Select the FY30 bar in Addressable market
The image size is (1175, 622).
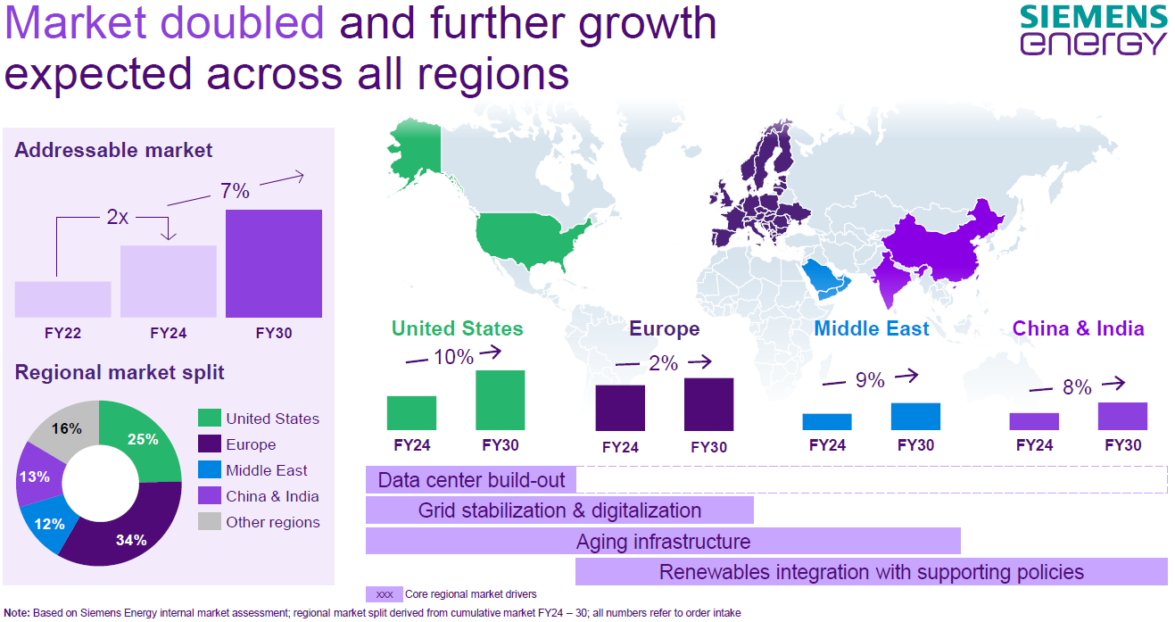[x=273, y=263]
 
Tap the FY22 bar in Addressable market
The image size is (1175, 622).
[x=62, y=299]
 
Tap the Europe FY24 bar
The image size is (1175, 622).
[x=620, y=408]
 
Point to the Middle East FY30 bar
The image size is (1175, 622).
[x=915, y=417]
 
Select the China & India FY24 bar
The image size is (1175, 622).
[x=1034, y=421]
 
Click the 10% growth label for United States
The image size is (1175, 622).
[x=453, y=357]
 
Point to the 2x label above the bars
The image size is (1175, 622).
[x=117, y=216]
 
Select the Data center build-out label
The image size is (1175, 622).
[x=471, y=480]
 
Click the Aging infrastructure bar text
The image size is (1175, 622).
[x=663, y=542]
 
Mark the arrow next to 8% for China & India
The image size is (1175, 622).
[x=1113, y=385]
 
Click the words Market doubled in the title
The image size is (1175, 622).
[x=165, y=22]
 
